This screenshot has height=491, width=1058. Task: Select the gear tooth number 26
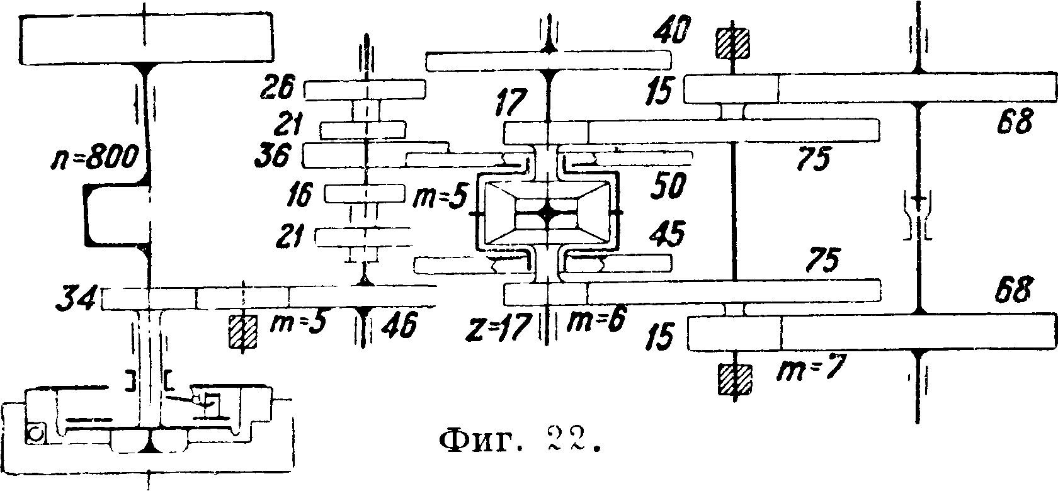[278, 90]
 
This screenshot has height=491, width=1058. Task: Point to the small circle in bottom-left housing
[35, 434]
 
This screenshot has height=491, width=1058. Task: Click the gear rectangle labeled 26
[365, 90]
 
